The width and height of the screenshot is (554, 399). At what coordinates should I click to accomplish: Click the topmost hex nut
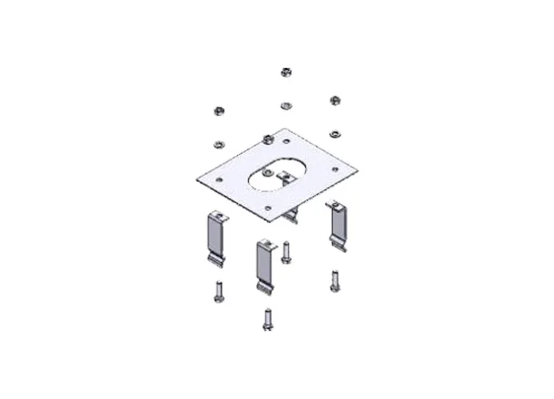[x=285, y=73]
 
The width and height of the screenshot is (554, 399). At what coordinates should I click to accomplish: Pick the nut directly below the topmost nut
[x=285, y=105]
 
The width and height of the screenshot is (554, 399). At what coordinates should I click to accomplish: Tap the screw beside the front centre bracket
[x=287, y=252]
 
